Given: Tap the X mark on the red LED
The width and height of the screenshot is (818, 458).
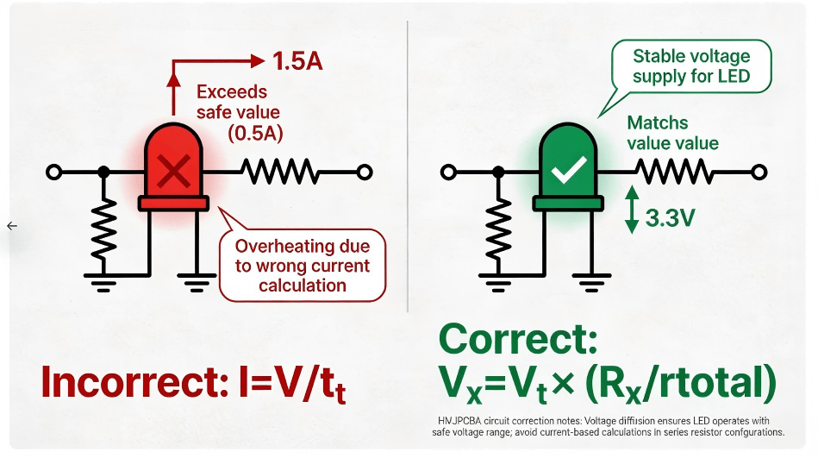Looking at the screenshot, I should coord(174,173).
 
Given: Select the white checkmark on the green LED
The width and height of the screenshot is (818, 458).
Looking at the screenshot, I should coord(569,171).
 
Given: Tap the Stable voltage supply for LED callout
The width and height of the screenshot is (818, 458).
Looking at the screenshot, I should coord(690,66).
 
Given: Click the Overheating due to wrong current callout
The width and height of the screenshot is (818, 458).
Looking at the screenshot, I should coord(302,265).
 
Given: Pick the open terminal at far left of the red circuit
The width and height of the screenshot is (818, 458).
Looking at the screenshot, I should coord(53,173).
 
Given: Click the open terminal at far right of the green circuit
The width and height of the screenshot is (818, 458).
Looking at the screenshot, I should coord(759,173).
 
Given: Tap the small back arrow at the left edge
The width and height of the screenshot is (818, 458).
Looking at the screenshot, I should coord(11,226).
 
